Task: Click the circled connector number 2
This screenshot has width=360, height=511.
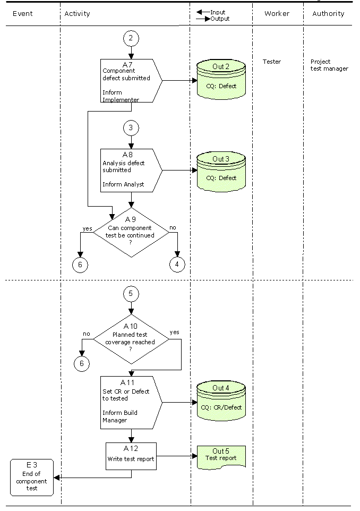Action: (131, 38)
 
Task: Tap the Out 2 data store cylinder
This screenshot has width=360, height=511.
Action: (221, 79)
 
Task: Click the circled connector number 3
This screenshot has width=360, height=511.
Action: (131, 127)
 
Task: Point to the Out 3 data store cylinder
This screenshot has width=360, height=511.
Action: (221, 172)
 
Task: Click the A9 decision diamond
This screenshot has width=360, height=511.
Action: (131, 232)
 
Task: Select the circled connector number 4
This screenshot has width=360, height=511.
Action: (177, 265)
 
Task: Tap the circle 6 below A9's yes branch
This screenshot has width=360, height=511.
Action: (80, 265)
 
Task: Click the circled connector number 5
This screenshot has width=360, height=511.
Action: (131, 294)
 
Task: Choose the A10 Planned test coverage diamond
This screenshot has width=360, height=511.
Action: (131, 339)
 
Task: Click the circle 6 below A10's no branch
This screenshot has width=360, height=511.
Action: (82, 363)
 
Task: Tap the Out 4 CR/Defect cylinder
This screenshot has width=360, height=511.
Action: (221, 401)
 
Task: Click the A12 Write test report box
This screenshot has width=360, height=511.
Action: (131, 456)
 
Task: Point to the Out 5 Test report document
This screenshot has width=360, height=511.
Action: (221, 457)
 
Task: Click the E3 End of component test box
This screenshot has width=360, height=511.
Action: (32, 478)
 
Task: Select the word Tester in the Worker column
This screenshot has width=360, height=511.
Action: (272, 62)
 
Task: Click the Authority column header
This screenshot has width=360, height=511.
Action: (328, 14)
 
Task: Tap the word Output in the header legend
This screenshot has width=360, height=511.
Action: (220, 19)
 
